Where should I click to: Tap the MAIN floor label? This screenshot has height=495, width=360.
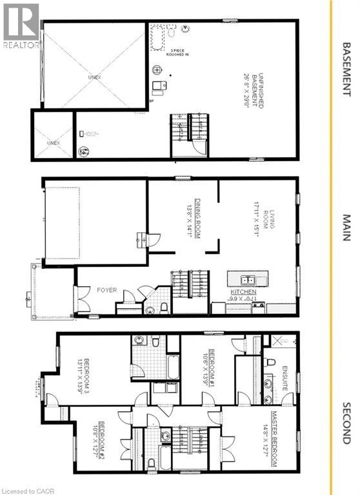click(x=346, y=228)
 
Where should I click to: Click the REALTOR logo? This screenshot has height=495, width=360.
click(x=21, y=26)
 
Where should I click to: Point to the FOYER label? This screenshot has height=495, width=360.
click(x=107, y=290)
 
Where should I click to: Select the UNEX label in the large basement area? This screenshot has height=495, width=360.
click(x=95, y=77)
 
